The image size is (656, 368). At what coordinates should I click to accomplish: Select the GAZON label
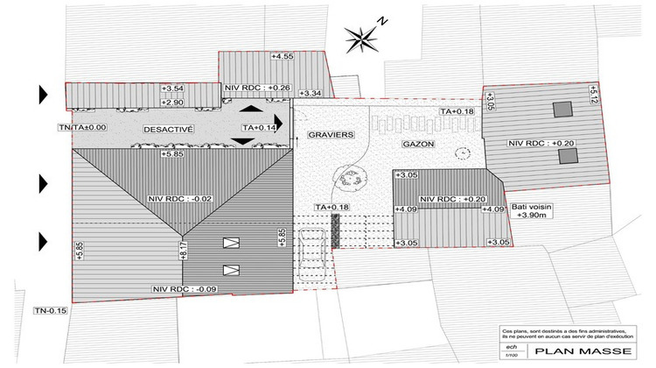(x=419, y=143)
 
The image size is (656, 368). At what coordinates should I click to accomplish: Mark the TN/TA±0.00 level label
(x=81, y=128)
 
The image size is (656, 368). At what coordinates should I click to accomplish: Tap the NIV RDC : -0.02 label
(x=180, y=198)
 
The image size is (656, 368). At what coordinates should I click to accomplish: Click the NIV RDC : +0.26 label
(x=257, y=88)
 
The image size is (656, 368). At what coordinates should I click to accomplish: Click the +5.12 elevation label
(x=591, y=95)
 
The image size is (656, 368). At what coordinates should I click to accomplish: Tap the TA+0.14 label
(x=258, y=128)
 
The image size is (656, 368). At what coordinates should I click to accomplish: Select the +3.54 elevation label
(x=173, y=88)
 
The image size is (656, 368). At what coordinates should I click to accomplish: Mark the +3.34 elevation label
(x=311, y=93)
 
